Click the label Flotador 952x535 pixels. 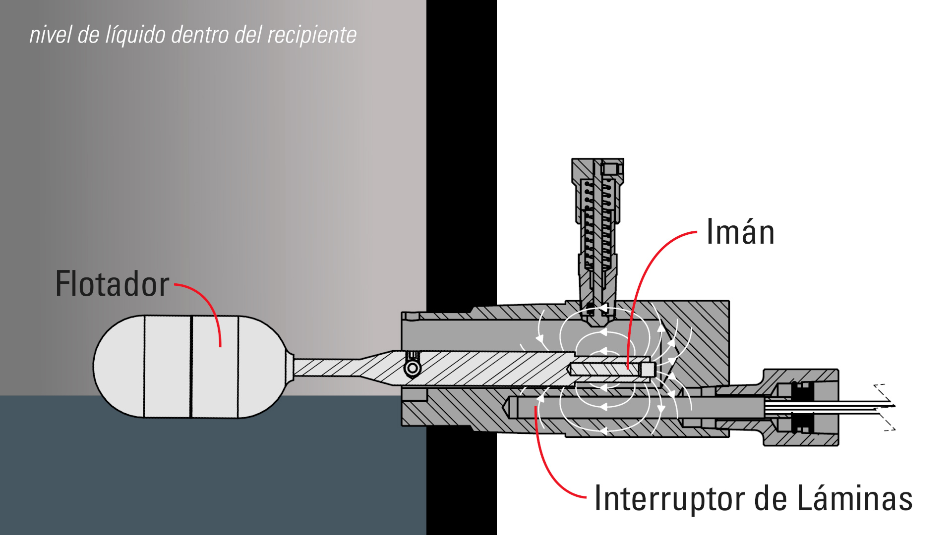pos(112,284)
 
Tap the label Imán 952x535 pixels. pos(740,232)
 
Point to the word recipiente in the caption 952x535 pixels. pos(311,35)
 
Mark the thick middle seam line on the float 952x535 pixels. pos(191,367)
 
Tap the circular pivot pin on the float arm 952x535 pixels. pos(412,368)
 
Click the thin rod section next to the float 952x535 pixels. pos(327,368)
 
